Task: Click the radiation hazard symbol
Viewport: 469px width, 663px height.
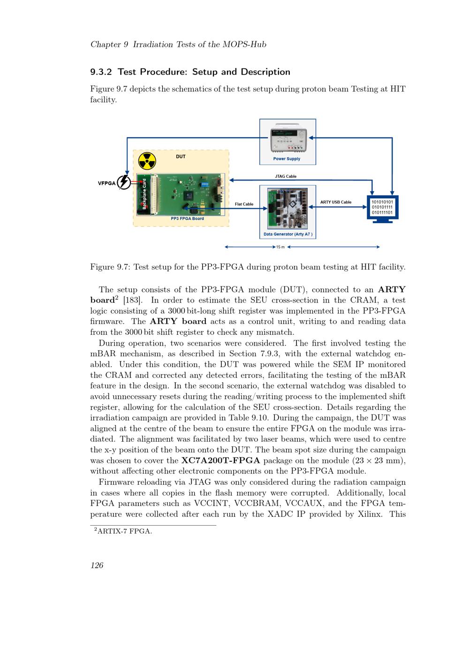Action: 147,161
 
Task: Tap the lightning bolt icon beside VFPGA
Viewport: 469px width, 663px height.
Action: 124,182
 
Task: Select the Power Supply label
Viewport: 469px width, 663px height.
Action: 287,159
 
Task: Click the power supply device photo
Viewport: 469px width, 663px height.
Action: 287,139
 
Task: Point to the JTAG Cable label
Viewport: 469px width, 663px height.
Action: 285,176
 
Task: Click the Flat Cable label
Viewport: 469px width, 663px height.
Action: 244,204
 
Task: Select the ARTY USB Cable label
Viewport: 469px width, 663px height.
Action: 335,202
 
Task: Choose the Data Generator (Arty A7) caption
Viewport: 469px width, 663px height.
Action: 287,234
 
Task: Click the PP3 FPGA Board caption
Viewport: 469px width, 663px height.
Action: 187,218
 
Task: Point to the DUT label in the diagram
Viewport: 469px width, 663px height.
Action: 181,157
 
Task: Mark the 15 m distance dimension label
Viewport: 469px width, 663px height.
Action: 280,247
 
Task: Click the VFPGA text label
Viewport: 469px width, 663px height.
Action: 106,183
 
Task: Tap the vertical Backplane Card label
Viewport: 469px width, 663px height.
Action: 144,195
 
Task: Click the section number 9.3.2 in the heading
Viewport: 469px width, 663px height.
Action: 101,72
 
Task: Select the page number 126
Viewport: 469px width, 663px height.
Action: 97,565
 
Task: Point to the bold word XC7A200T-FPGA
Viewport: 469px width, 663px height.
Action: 220,461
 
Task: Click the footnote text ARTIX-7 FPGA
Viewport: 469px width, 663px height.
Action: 124,531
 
